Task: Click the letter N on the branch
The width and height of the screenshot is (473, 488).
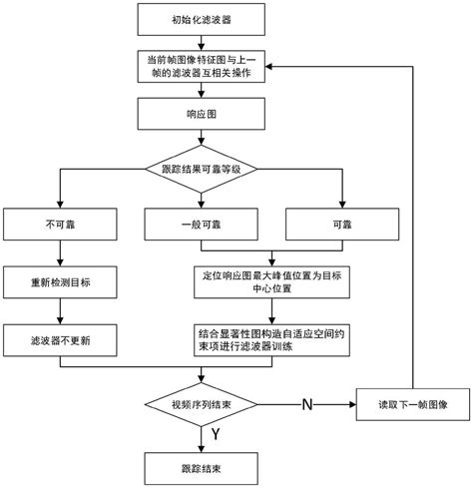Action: (307, 404)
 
